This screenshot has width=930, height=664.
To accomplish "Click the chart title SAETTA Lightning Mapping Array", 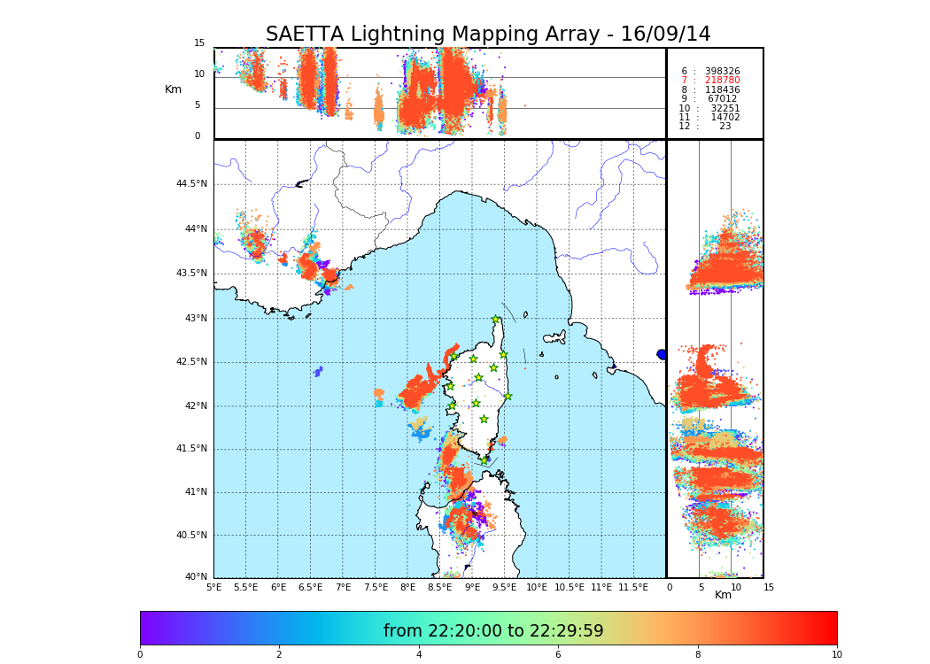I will pyautogui.click(x=488, y=35).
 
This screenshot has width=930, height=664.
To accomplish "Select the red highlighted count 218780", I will pyautogui.click(x=722, y=81).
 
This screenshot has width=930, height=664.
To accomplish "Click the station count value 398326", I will pyautogui.click(x=722, y=72).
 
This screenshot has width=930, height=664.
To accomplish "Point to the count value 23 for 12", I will pyautogui.click(x=725, y=127).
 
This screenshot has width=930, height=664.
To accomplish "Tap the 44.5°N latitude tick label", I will pyautogui.click(x=191, y=184).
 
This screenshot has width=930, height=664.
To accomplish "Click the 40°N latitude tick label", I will pyautogui.click(x=195, y=577).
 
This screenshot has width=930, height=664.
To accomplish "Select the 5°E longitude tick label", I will pyautogui.click(x=213, y=587).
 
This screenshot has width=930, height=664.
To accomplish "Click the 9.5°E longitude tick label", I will pyautogui.click(x=504, y=587).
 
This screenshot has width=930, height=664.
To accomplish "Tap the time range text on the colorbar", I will pyautogui.click(x=492, y=631).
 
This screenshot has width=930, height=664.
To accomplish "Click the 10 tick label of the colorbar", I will pyautogui.click(x=836, y=655).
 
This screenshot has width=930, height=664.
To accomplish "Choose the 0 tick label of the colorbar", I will pyautogui.click(x=140, y=655).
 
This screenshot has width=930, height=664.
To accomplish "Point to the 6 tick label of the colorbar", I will pyautogui.click(x=558, y=655).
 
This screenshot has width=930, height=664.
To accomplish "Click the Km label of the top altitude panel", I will pyautogui.click(x=173, y=89).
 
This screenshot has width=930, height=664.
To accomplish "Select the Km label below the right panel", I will pyautogui.click(x=723, y=595).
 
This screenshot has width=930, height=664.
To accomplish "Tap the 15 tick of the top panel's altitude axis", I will pyautogui.click(x=199, y=43).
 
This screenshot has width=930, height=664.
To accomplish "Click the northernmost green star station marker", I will pyautogui.click(x=496, y=320).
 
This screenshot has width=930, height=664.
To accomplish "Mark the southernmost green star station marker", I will pyautogui.click(x=484, y=460).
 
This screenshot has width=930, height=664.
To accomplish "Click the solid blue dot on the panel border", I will pyautogui.click(x=662, y=354).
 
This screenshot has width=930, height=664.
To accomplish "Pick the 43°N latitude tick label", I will pyautogui.click(x=195, y=319).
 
